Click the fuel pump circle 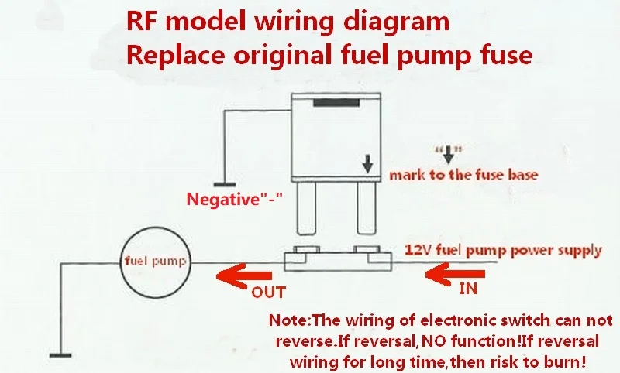click(155, 261)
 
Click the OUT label click(268, 293)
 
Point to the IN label click(469, 289)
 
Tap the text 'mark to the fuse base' click(463, 175)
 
